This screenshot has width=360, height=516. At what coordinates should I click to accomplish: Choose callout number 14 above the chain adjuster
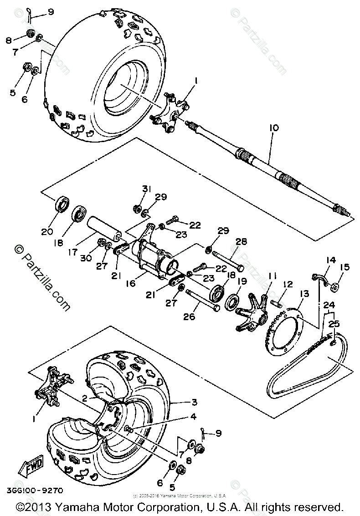330,260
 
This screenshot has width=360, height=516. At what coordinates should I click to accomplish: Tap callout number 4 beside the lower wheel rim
193,416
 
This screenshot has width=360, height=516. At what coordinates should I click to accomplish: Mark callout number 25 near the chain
334,324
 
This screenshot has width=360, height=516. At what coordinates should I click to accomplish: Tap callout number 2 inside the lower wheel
84,398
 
